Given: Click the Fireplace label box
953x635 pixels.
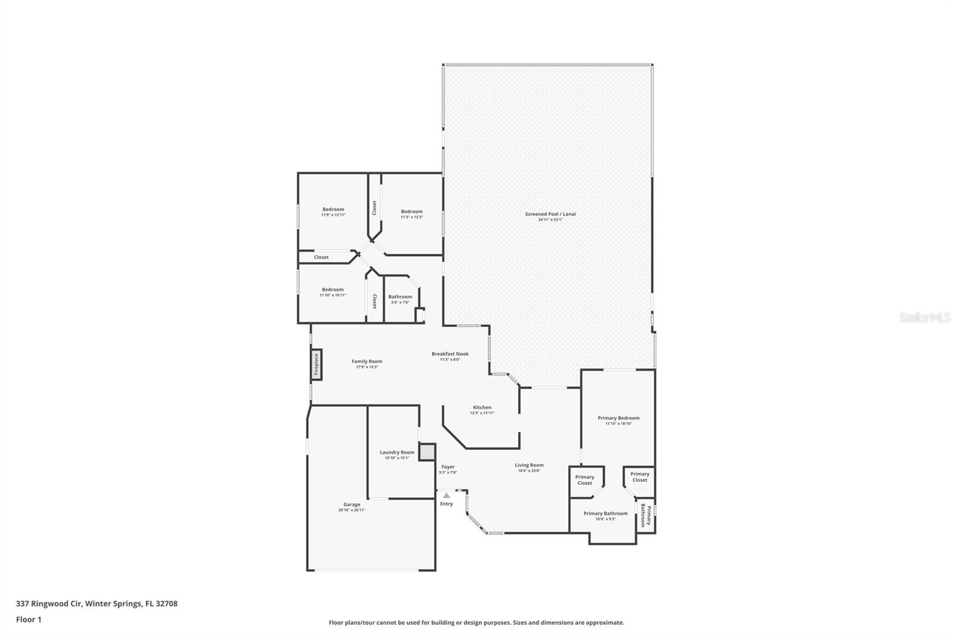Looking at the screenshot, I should pyautogui.click(x=316, y=365).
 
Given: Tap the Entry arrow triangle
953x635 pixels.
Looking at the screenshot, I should pyautogui.click(x=446, y=496).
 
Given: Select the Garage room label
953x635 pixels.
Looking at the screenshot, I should pyautogui.click(x=351, y=505).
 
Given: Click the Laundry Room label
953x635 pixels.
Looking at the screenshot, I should pyautogui.click(x=397, y=452).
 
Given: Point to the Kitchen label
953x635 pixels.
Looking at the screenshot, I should pyautogui.click(x=482, y=407).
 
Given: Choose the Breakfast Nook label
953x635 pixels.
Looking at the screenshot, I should pyautogui.click(x=450, y=354).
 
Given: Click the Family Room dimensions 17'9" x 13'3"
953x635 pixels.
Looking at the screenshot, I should pyautogui.click(x=367, y=367).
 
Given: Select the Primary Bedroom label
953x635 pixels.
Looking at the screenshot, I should pyautogui.click(x=618, y=418).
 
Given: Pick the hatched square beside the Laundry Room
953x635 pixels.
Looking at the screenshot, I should pyautogui.click(x=426, y=452).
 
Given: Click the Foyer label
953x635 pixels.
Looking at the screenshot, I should pyautogui.click(x=448, y=467).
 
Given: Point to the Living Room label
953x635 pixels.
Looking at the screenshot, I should pyautogui.click(x=529, y=465).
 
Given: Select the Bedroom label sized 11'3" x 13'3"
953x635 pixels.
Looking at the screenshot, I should pyautogui.click(x=412, y=211).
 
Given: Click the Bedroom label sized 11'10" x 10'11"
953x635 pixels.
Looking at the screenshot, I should pyautogui.click(x=332, y=290).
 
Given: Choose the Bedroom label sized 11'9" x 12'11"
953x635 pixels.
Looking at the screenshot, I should pyautogui.click(x=333, y=209).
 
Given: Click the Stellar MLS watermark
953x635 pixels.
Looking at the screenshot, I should pyautogui.click(x=924, y=318).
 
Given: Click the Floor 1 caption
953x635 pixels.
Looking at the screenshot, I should pyautogui.click(x=29, y=620).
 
